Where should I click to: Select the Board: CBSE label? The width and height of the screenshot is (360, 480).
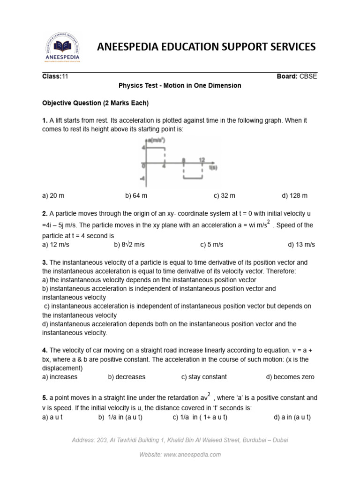coord(297,76)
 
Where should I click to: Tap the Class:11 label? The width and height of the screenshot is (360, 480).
coord(55,76)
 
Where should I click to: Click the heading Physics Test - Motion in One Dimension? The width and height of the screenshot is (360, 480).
coord(180,86)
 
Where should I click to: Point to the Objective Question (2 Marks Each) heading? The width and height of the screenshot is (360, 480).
coord(95,103)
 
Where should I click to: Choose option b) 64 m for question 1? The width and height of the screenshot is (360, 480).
coord(136,195)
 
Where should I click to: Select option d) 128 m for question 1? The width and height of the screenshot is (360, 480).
coord(294,195)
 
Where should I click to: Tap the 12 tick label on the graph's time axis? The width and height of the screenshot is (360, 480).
coord(202,160)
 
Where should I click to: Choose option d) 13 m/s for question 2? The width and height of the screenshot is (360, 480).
coord(301,245)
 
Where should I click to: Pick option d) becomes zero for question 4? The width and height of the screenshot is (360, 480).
coord(290,377)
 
